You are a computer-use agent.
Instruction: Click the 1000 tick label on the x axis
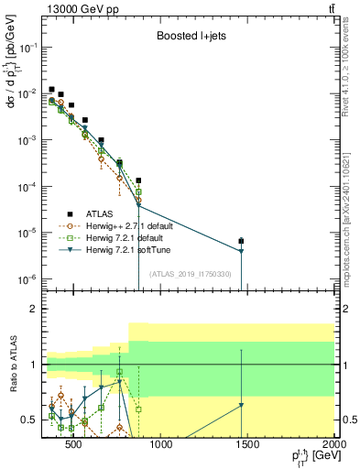pos(160,447)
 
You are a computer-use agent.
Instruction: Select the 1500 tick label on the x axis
pos(246,447)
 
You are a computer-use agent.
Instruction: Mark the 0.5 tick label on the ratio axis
pos(29,420)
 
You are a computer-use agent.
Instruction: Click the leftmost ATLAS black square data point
pos(52,89)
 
